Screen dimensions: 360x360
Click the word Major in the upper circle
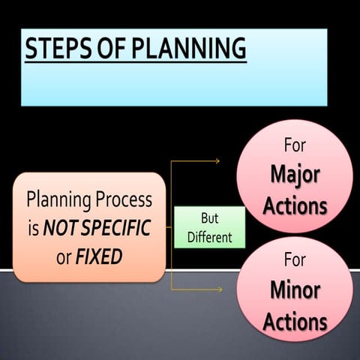tap(295, 175)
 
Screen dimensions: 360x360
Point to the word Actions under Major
tap(295, 205)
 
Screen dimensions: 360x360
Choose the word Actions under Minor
tap(295, 322)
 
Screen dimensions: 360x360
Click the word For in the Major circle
tap(295, 145)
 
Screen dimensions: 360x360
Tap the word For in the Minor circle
tap(295, 260)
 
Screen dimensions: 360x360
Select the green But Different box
tap(209, 227)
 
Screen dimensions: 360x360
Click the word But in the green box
tap(210, 219)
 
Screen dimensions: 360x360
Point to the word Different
tap(210, 238)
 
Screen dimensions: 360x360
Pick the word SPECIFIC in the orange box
tap(118, 229)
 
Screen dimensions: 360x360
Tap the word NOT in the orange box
tap(59, 229)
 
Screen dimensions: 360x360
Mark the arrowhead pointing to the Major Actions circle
tap(217, 161)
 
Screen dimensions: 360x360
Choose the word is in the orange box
tap(33, 229)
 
